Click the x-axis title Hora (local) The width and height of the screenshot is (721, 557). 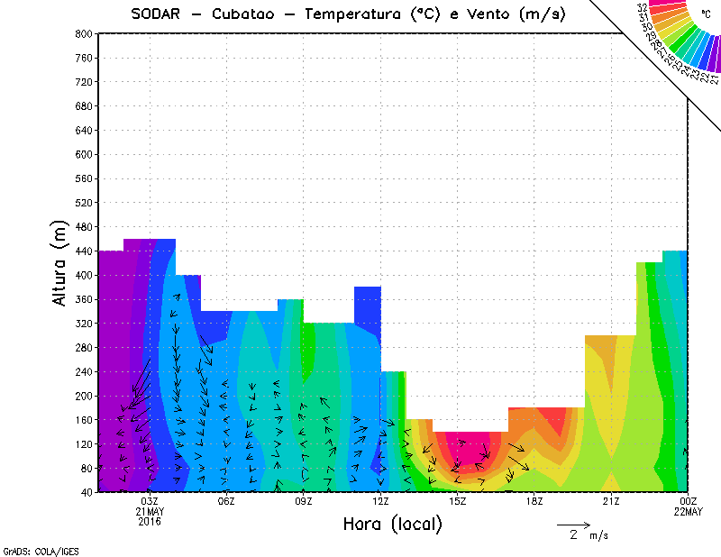[x=391, y=524]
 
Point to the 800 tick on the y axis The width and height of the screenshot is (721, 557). [x=84, y=33]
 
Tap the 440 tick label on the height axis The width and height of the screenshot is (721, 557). [x=84, y=251]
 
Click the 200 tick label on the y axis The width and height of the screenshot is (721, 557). [x=84, y=396]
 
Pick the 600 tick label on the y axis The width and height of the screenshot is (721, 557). [x=84, y=154]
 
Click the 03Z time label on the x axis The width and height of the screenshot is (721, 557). [x=150, y=501]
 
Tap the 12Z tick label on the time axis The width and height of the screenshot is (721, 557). [x=380, y=501]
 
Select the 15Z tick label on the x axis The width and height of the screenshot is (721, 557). [x=457, y=501]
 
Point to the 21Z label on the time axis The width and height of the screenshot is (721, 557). [x=611, y=501]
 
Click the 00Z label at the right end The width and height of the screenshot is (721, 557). [x=689, y=501]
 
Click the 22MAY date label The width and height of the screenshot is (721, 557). [x=689, y=512]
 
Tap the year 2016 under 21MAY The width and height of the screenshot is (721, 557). [x=150, y=522]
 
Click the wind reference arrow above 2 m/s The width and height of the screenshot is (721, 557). [x=572, y=524]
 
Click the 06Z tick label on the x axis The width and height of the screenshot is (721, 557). [x=226, y=501]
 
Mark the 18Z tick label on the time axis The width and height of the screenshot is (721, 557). [x=534, y=501]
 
